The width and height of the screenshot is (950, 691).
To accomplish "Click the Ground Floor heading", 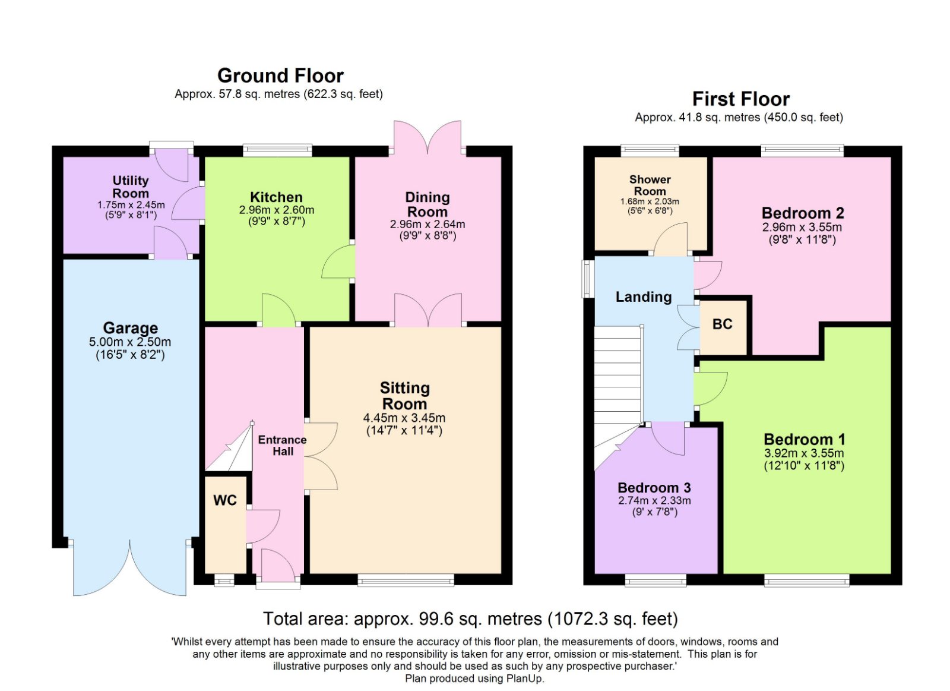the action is point(280,76).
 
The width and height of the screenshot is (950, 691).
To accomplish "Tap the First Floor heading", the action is point(741,99).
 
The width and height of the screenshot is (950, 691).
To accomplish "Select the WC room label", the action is point(225,500).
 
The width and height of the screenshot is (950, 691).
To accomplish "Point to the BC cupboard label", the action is point(722,324).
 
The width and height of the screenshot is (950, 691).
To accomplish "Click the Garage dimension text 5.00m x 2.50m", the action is point(130,342).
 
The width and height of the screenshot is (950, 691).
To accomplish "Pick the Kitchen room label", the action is point(277,197).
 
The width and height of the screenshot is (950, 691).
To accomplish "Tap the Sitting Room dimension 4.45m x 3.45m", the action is point(404,418).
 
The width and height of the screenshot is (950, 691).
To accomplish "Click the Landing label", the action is point(644,296).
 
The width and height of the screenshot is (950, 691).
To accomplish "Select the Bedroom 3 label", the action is point(654,488).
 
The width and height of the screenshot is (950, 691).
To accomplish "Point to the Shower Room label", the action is point(650,185).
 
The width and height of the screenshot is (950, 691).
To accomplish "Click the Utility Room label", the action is point(131,187).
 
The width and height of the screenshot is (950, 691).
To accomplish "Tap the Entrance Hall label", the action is point(283,445).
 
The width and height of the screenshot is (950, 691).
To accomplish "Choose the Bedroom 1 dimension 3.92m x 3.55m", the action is point(804,453).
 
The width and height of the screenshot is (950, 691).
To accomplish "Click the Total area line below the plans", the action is point(470,619).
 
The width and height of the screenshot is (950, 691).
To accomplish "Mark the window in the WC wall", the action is point(224,580).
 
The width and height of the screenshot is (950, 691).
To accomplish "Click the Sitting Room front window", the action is point(406,580).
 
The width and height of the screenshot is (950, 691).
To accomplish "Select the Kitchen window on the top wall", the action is point(278,151).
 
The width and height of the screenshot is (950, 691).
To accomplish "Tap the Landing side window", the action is point(588,279).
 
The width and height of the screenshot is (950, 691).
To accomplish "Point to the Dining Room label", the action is point(427,204).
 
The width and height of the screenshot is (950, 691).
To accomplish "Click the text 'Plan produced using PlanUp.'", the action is point(474,679).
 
